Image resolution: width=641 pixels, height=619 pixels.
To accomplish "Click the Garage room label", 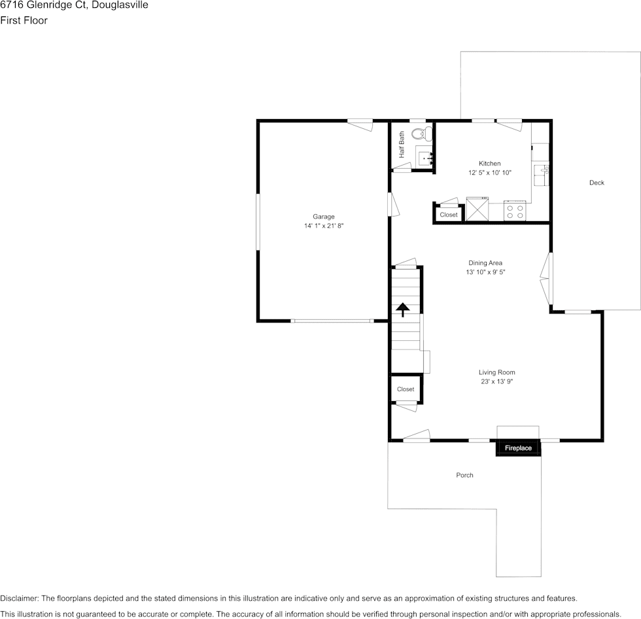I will tap(323, 217).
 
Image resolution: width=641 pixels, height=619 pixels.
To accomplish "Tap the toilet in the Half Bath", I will tap(422, 134).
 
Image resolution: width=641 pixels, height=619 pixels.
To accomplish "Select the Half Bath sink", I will tap(424, 157).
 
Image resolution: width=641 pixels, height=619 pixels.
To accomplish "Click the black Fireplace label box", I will tap(518, 448).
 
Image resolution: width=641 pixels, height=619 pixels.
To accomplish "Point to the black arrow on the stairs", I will tap(403, 309).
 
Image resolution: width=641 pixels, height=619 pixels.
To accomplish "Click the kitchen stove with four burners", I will tap(515, 211).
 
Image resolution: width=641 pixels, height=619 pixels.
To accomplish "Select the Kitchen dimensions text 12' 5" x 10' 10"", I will tap(489, 173).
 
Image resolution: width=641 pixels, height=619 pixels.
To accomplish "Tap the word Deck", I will tap(597, 183).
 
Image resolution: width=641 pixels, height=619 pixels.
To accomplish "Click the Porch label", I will tap(464, 475).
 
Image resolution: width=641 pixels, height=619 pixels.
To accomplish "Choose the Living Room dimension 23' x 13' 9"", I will tap(496, 381).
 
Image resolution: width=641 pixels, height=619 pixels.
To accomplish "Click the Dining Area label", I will tap(485, 263).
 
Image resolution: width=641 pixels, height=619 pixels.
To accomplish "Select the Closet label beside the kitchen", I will tap(449, 215).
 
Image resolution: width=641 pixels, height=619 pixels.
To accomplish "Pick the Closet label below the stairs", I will tap(406, 389).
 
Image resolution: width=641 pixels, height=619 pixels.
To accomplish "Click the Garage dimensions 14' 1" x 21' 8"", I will tap(323, 226).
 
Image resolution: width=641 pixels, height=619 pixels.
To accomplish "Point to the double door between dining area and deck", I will tap(546, 277).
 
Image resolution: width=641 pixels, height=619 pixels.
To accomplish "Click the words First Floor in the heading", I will tap(24, 20).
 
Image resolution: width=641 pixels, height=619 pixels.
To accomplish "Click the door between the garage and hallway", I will tap(394, 204).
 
